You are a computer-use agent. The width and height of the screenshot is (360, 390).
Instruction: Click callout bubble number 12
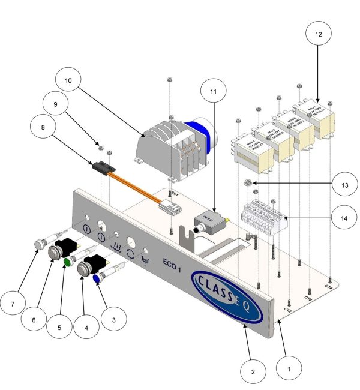[318, 35]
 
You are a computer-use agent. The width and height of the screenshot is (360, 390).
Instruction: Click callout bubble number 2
[253, 372]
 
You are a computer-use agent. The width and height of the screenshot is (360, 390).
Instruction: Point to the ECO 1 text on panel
[174, 262]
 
